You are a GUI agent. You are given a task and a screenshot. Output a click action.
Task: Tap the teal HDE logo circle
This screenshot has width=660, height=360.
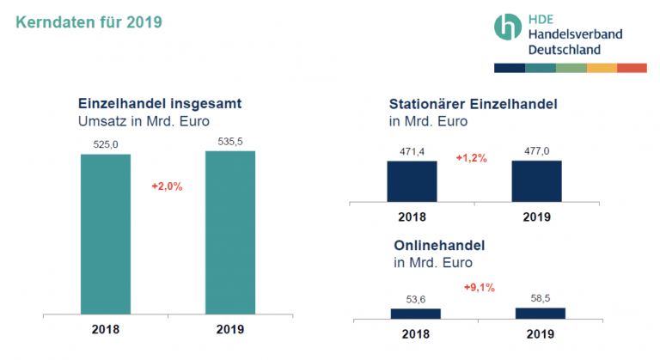[x=507, y=27]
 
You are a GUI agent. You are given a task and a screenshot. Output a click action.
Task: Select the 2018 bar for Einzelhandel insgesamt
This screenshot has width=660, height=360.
[x=105, y=235]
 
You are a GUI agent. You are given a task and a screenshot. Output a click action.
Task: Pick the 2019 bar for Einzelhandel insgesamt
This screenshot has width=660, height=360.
[x=229, y=233]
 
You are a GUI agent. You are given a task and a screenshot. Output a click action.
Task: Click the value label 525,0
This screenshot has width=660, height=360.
[x=105, y=145]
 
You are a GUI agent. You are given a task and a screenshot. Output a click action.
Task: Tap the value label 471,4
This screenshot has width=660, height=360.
[x=412, y=152]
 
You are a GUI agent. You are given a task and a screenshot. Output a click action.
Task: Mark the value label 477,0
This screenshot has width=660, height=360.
[x=536, y=151]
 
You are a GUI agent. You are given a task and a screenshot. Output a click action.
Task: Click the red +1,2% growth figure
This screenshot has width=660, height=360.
[x=471, y=158]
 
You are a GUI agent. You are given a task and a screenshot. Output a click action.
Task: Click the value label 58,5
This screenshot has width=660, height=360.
[x=540, y=298]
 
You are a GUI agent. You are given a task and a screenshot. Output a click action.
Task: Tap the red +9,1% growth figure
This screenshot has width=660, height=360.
[x=479, y=287]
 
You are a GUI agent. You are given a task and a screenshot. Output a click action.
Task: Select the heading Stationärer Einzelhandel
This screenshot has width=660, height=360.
[x=474, y=104]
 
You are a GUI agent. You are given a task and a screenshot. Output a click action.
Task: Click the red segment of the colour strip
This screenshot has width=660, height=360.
[x=632, y=67]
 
